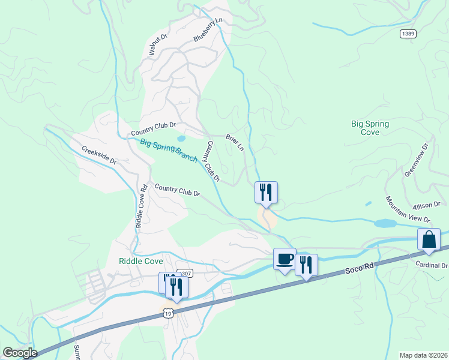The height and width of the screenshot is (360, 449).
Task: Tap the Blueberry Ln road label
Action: pos(208,30)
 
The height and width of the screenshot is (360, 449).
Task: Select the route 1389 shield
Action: pos(408,34)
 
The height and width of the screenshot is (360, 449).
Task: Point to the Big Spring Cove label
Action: pos(370,128)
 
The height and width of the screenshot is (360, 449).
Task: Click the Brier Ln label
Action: pos(235,142)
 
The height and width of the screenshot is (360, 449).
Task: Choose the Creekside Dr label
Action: pos(98,156)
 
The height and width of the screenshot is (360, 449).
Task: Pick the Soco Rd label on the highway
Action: pos(360,270)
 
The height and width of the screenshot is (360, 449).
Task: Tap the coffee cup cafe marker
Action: pos(285,259)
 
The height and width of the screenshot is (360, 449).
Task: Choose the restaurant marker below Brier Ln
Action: pos(266,193)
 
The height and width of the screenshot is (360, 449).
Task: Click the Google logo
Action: pos(20,353)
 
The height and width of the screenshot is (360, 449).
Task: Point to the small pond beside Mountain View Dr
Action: pos(385,223)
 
